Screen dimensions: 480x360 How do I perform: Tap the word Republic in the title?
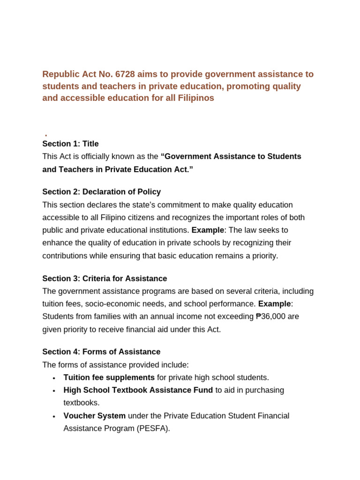click(60, 74)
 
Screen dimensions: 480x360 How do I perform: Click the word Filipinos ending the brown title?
click(195, 98)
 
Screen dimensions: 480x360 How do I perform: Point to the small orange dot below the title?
click(46, 135)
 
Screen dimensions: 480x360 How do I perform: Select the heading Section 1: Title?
click(70, 144)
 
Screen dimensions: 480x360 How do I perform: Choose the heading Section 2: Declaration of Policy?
click(101, 192)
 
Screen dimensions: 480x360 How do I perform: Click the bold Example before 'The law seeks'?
click(208, 230)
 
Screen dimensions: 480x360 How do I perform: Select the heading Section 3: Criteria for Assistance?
click(105, 278)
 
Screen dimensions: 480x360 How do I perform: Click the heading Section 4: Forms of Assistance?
click(101, 352)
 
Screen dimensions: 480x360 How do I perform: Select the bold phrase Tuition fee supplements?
click(109, 377)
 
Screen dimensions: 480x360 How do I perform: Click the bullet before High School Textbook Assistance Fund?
click(54, 390)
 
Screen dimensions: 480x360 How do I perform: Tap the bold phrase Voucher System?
click(94, 416)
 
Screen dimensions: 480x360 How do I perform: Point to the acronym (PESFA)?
click(153, 428)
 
